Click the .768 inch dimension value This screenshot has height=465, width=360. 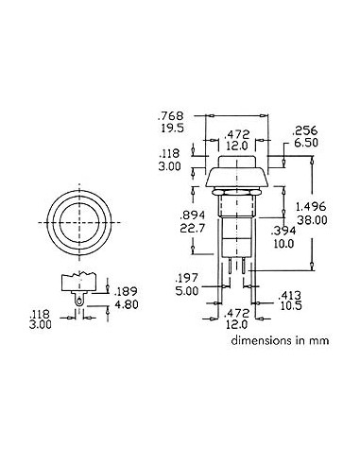point(170,119)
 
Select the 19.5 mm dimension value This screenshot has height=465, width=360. point(170,133)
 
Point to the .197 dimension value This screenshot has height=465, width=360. point(187,278)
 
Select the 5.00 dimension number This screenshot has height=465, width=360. point(187,292)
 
